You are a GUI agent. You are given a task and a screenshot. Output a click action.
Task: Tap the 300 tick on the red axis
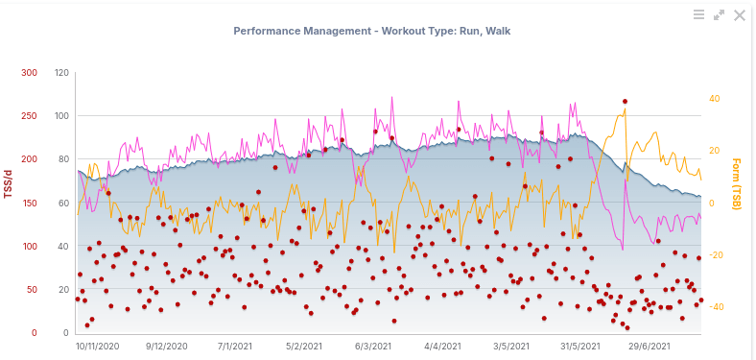[30, 73]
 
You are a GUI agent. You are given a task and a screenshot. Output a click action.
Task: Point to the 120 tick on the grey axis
[61, 73]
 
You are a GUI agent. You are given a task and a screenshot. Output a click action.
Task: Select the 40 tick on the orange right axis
[714, 99]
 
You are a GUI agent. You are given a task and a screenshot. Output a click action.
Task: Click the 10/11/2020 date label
[98, 346]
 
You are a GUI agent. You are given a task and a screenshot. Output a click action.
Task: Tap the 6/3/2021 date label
[371, 346]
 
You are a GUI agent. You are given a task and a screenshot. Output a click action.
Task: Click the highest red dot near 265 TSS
[625, 101]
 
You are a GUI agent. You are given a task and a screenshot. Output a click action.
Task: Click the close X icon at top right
[740, 15]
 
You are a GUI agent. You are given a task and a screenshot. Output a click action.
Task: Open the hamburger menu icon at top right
[699, 15]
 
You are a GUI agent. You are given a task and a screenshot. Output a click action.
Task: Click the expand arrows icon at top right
[720, 15]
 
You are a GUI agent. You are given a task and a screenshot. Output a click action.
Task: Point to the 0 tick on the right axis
[711, 204]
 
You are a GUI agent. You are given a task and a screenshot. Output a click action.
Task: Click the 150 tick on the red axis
[30, 204]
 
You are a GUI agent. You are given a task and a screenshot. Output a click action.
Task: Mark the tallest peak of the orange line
[626, 109]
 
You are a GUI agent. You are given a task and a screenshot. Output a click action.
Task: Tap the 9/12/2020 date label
[166, 346]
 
